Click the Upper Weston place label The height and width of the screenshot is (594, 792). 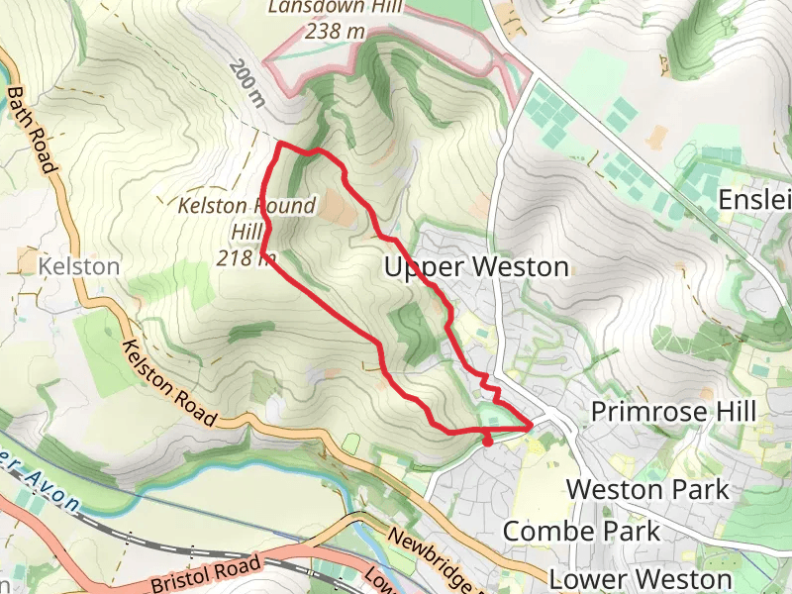(x=476, y=267)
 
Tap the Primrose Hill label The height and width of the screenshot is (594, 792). (x=687, y=411)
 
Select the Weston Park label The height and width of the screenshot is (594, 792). (x=647, y=489)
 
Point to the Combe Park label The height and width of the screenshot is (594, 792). (x=581, y=531)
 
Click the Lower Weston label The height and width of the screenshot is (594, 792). (x=641, y=578)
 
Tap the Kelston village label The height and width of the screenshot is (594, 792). (x=79, y=267)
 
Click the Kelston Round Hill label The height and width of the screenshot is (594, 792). (x=246, y=207)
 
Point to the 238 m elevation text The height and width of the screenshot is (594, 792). (x=336, y=32)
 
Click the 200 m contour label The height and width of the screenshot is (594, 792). (x=247, y=83)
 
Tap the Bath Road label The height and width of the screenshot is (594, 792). (x=31, y=129)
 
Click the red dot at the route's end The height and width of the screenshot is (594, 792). (x=487, y=442)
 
